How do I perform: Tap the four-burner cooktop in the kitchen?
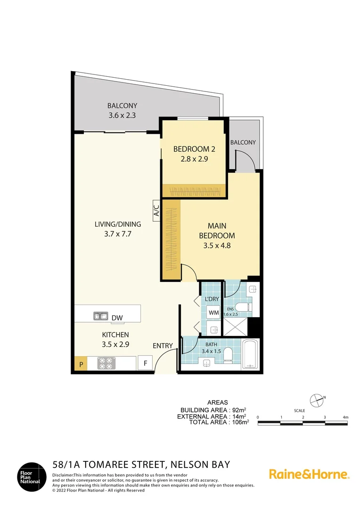pyautogui.click(x=106, y=363)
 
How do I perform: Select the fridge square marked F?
pyautogui.click(x=145, y=363)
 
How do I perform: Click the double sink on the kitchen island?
pyautogui.click(x=101, y=316)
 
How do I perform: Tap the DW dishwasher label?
pyautogui.click(x=117, y=318)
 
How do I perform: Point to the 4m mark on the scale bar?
pyautogui.click(x=345, y=418)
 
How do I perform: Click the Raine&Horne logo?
pyautogui.click(x=309, y=474)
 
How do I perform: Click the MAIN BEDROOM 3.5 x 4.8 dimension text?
pyautogui.click(x=217, y=245)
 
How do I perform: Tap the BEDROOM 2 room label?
pyautogui.click(x=194, y=149)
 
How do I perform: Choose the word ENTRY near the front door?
pyautogui.click(x=163, y=345)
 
